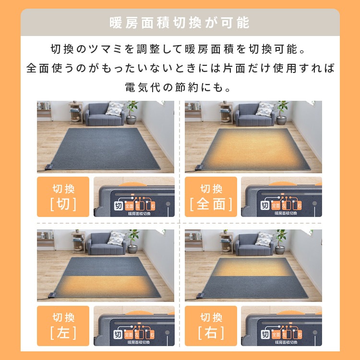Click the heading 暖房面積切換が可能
pyautogui.click(x=180, y=23)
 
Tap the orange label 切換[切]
pyautogui.click(x=63, y=197)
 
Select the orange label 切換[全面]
pyautogui.click(x=211, y=197)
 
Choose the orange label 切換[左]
pyautogui.click(x=63, y=325)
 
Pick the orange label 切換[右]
pyautogui.click(x=211, y=325)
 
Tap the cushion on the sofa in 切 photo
pyautogui.click(x=114, y=109)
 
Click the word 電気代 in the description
pyautogui.click(x=144, y=88)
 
